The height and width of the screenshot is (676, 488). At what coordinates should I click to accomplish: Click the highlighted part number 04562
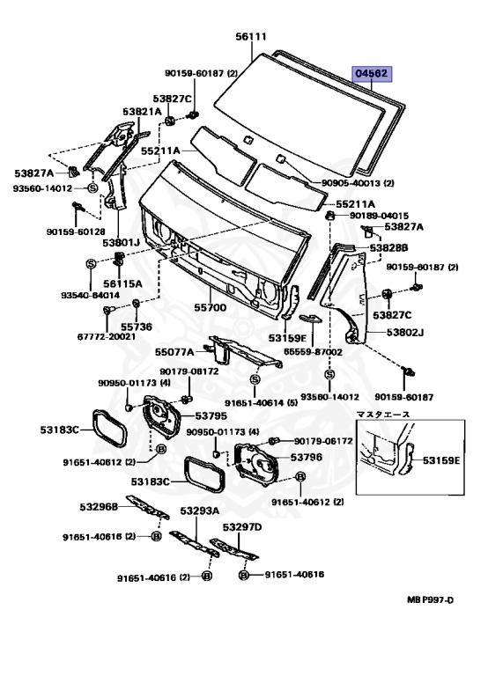[372, 74]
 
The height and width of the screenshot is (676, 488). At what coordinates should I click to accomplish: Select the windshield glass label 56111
[251, 37]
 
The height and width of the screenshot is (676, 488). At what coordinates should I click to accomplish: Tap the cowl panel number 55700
[210, 307]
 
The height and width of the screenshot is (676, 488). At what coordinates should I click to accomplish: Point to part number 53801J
[122, 243]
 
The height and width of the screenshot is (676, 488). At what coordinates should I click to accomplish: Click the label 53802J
[405, 333]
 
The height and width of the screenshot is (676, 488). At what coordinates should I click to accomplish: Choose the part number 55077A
[174, 352]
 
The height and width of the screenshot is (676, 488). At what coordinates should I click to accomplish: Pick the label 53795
[211, 416]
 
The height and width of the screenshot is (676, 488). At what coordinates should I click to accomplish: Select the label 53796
[306, 457]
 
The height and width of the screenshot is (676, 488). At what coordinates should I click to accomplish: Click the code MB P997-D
[431, 599]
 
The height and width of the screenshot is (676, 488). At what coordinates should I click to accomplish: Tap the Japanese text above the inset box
[383, 415]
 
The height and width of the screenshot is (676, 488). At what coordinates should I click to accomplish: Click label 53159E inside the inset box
[441, 460]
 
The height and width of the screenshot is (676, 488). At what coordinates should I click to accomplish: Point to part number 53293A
[200, 511]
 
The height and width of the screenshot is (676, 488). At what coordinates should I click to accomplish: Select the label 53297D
[242, 527]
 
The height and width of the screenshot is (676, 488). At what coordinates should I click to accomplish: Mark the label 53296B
[99, 507]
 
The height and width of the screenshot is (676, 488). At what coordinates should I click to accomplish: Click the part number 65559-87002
[313, 352]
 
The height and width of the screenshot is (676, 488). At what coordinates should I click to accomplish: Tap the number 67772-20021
[106, 336]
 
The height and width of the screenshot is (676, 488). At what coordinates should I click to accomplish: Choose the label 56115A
[122, 283]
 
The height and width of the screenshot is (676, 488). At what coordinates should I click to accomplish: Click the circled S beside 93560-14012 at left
[92, 188]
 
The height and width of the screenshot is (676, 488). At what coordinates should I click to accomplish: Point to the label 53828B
[388, 248]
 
